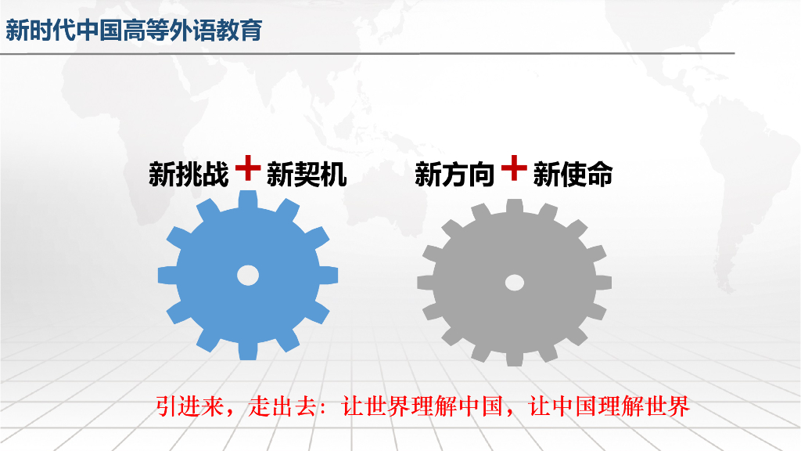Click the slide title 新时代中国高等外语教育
click(x=134, y=30)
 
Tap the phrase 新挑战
click(x=189, y=175)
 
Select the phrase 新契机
click(x=307, y=175)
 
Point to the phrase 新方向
click(x=454, y=175)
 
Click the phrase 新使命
click(x=573, y=175)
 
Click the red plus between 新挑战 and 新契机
click(x=247, y=168)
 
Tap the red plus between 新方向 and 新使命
click(x=513, y=168)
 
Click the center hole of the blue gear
click(x=248, y=275)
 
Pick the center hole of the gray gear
click(x=514, y=282)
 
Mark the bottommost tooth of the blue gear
click(x=248, y=349)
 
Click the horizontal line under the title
click(x=368, y=53)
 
